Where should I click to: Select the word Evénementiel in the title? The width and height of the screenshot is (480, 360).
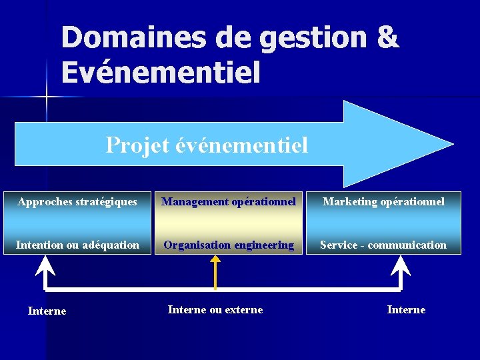coord(160,72)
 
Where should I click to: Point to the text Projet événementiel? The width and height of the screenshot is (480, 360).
coord(207,144)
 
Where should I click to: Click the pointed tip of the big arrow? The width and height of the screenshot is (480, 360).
coord(451,143)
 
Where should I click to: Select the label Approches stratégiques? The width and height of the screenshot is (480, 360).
coord(77,201)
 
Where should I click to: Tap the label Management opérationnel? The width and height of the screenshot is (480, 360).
coord(229,201)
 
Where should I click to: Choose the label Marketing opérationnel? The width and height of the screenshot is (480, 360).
coord(383,201)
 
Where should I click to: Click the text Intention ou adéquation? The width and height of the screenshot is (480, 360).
coord(77,245)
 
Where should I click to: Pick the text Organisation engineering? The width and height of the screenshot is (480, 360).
coord(229,245)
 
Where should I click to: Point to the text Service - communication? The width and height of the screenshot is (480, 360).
coord(383,245)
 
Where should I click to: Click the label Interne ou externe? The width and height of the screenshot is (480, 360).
coord(215,309)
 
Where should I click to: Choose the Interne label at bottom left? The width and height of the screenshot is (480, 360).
coord(47,311)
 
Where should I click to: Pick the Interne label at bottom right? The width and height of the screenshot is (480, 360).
coord(406,309)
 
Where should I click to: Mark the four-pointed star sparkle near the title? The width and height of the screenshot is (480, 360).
coord(47,97)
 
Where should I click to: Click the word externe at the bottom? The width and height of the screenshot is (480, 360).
coord(240,309)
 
